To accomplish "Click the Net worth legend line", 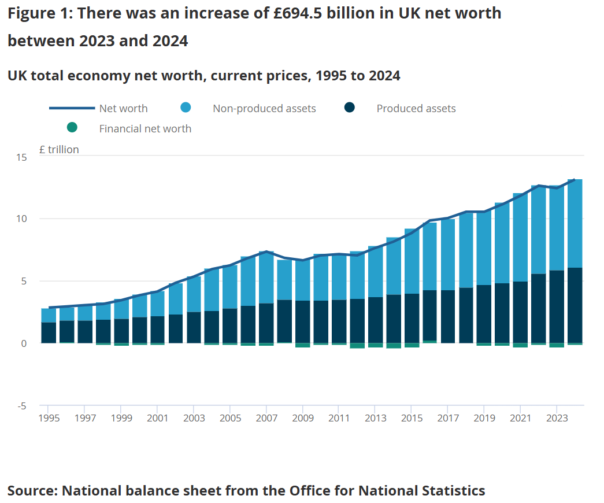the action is pos(72,108).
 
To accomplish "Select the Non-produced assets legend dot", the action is pos(186,108).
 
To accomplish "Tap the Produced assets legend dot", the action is pos(349,108).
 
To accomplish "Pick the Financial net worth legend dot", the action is pos(72,127).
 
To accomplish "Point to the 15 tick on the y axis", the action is pos(21,157).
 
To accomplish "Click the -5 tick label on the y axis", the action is pos(21,406).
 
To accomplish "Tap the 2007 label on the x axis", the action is pos(266,418).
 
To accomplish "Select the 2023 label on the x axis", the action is pos(557,418).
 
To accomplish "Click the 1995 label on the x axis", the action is pos(49,418).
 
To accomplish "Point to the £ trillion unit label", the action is pos(59,150).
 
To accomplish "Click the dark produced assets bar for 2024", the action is pos(575,305).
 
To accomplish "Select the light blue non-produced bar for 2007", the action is pos(266,278).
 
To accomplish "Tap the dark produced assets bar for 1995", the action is pos(49,332).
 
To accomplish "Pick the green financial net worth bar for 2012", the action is pos(357,346).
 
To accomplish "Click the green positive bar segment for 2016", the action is pos(429,342).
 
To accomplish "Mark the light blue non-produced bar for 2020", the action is pos(502,243).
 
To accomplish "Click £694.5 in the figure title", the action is pos(298,13).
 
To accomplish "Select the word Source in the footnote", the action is pos(32,491).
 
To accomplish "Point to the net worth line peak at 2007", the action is pos(266,251).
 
